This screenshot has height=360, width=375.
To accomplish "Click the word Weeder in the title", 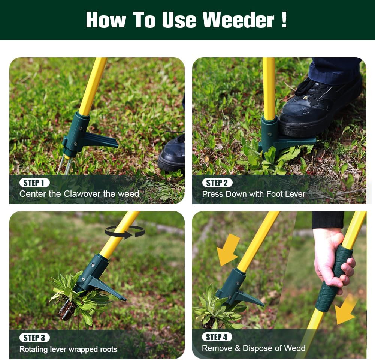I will pyautogui.click(x=238, y=19).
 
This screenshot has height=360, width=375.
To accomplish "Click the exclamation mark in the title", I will pyautogui.click(x=284, y=19).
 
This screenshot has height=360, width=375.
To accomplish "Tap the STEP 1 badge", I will pyautogui.click(x=34, y=183).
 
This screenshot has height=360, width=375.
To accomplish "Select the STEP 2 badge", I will pyautogui.click(x=217, y=183).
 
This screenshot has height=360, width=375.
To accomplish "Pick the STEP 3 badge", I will pyautogui.click(x=34, y=337).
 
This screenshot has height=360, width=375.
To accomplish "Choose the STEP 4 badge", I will pyautogui.click(x=217, y=337).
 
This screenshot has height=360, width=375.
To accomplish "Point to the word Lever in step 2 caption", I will pyautogui.click(x=294, y=194).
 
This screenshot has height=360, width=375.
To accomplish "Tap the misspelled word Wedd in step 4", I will pyautogui.click(x=294, y=348).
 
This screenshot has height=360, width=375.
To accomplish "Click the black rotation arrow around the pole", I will pyautogui.click(x=125, y=232).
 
